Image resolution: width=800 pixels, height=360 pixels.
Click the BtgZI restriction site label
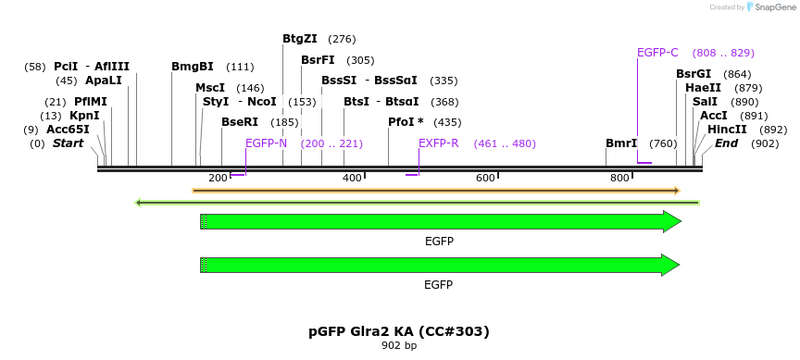point(299,39)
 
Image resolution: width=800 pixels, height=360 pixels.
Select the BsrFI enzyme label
point(318,60)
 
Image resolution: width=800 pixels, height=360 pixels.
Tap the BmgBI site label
point(193,67)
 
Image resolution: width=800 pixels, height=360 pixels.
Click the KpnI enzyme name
point(84,116)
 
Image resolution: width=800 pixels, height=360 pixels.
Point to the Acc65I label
point(68,130)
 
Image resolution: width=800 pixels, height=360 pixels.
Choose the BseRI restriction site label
point(240,122)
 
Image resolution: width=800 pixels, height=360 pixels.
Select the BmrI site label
point(621,143)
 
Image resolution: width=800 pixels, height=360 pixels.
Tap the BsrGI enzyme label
point(694,74)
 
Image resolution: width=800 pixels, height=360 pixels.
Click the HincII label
point(728,130)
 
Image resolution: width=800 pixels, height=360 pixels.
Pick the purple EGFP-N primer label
point(266,143)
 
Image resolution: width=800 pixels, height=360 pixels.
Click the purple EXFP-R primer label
point(438,143)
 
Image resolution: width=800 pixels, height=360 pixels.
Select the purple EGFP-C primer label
point(657,53)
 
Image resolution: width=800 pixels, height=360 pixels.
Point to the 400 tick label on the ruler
point(352,178)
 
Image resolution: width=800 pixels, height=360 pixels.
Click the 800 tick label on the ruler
point(619,178)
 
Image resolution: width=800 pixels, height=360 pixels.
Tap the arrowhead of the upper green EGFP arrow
point(672,221)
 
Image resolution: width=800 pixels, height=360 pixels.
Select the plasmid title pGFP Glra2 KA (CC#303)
point(399,330)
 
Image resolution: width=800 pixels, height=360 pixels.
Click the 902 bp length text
point(399,346)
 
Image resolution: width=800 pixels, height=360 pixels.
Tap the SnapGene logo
point(770,7)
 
